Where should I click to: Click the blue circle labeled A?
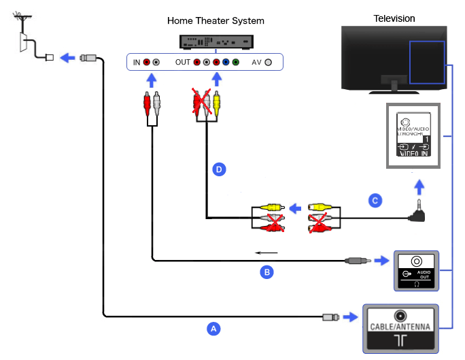[x=213, y=328]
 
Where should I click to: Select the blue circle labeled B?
[x=267, y=272]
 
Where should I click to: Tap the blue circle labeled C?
[x=373, y=200]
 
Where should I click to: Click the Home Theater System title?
[x=216, y=20]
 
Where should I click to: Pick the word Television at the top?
[x=394, y=18]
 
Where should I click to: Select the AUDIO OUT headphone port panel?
[x=416, y=270]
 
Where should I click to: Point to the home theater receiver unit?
[x=216, y=42]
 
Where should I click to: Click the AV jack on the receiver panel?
[x=269, y=62]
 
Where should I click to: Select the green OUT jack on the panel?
[x=235, y=62]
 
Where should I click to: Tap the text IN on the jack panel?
[x=137, y=62]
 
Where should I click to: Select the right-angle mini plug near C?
[x=417, y=213]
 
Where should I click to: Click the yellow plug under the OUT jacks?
[x=217, y=101]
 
